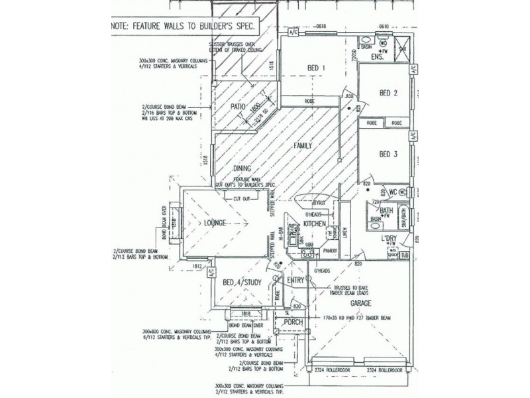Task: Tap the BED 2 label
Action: click(x=388, y=93)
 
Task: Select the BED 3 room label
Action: click(x=388, y=154)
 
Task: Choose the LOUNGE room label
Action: click(x=217, y=222)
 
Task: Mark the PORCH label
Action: click(x=293, y=322)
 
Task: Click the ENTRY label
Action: click(x=295, y=281)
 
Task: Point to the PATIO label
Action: click(x=238, y=106)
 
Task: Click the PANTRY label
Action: click(x=331, y=252)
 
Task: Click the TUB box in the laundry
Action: click(x=405, y=255)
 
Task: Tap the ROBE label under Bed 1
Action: click(x=309, y=101)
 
